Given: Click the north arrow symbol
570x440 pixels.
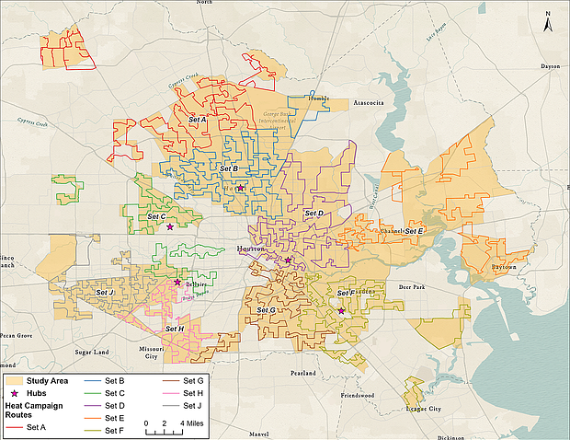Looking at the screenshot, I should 548,22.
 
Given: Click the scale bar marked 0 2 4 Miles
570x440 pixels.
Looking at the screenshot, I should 169,426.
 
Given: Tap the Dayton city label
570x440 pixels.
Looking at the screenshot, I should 550,65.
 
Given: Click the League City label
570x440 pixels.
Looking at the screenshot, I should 422,408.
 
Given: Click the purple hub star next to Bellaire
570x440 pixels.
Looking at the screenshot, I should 177,283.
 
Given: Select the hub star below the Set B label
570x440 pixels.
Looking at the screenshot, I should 240,188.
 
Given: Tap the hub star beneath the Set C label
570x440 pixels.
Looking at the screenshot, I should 169,226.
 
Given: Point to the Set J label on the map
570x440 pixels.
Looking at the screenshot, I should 105,293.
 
